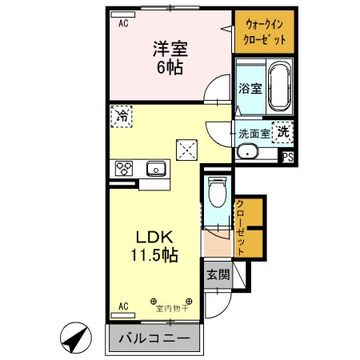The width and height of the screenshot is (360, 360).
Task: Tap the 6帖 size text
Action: click(x=170, y=67)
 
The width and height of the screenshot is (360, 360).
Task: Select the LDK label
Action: click(x=150, y=238)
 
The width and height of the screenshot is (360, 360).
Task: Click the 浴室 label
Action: click(x=249, y=90)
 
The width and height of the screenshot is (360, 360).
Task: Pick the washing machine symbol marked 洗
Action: click(x=284, y=131)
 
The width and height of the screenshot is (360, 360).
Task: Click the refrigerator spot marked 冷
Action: click(x=122, y=116)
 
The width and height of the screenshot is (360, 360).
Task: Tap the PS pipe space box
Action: click(x=286, y=157)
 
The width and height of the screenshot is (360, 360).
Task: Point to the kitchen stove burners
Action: click(x=124, y=168)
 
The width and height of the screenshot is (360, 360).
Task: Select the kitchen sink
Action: click(x=155, y=168)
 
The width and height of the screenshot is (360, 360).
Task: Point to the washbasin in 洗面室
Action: click(x=248, y=153)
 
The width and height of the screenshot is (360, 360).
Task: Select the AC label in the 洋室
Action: click(x=123, y=24)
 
